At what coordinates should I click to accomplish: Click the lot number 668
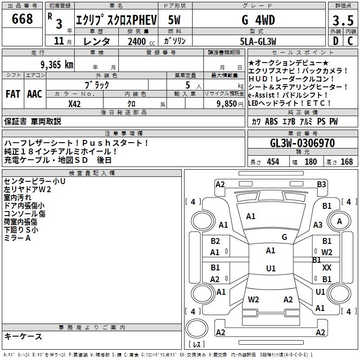click(x=22, y=18)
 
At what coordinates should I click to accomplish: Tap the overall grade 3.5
click(x=343, y=20)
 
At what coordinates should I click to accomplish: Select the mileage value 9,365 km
click(x=57, y=65)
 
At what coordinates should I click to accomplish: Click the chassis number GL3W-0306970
click(x=302, y=143)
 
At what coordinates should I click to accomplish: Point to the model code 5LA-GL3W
click(x=258, y=41)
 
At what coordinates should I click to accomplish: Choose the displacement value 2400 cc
click(x=141, y=41)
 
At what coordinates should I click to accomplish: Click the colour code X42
click(x=74, y=104)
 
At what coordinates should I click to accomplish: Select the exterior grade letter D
click(x=336, y=41)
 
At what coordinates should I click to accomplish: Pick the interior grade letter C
click(x=350, y=41)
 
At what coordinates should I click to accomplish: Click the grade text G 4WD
click(x=258, y=20)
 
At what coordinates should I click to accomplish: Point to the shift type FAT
click(x=13, y=94)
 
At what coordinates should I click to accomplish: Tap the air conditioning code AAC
click(x=35, y=94)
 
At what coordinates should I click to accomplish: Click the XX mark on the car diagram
click(x=327, y=268)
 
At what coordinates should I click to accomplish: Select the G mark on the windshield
click(x=284, y=237)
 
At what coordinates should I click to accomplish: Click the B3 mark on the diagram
click(x=321, y=184)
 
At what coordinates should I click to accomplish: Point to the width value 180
click(x=310, y=162)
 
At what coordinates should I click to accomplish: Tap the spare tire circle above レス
click(x=197, y=328)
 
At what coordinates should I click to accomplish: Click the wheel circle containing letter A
click(x=339, y=221)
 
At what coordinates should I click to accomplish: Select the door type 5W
click(x=174, y=20)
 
